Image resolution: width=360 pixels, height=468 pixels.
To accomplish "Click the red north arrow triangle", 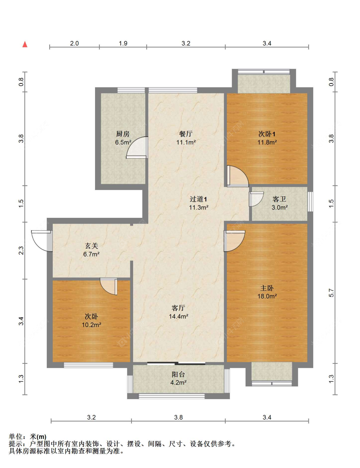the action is tap(25, 44).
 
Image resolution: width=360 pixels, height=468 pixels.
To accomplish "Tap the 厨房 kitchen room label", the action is tap(123, 134).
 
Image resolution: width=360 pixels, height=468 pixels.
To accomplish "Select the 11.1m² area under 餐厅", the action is tap(186, 142).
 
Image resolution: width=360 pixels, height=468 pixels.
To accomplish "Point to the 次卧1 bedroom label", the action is tap(267, 134).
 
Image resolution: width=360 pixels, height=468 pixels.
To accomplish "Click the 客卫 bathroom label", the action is tap(279, 199).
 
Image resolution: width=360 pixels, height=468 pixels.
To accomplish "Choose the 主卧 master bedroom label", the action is tap(267, 288).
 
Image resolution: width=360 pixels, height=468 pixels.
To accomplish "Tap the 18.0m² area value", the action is tap(267, 296).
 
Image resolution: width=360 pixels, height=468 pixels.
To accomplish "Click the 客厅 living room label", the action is tap(178, 308).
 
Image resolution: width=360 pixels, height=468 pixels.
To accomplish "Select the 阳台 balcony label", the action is tap(178, 375).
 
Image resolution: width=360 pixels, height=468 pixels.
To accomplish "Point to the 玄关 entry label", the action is tap(91, 246).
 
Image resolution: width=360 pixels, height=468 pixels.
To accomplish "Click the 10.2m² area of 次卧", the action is tap(92, 325).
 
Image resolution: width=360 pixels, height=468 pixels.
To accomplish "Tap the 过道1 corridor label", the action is tap(198, 199).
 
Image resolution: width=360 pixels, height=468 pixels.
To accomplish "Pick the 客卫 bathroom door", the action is tap(256, 199).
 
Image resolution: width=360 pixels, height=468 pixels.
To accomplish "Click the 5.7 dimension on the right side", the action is tap(331, 293).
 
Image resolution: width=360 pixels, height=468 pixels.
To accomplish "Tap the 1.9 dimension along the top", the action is tap(123, 44).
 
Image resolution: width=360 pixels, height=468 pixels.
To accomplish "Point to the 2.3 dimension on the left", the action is tap(21, 250).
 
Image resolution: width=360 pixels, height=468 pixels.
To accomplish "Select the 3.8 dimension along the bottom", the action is tap(178, 417).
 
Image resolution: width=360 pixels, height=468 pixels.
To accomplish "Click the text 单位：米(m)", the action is tap(28, 437).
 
